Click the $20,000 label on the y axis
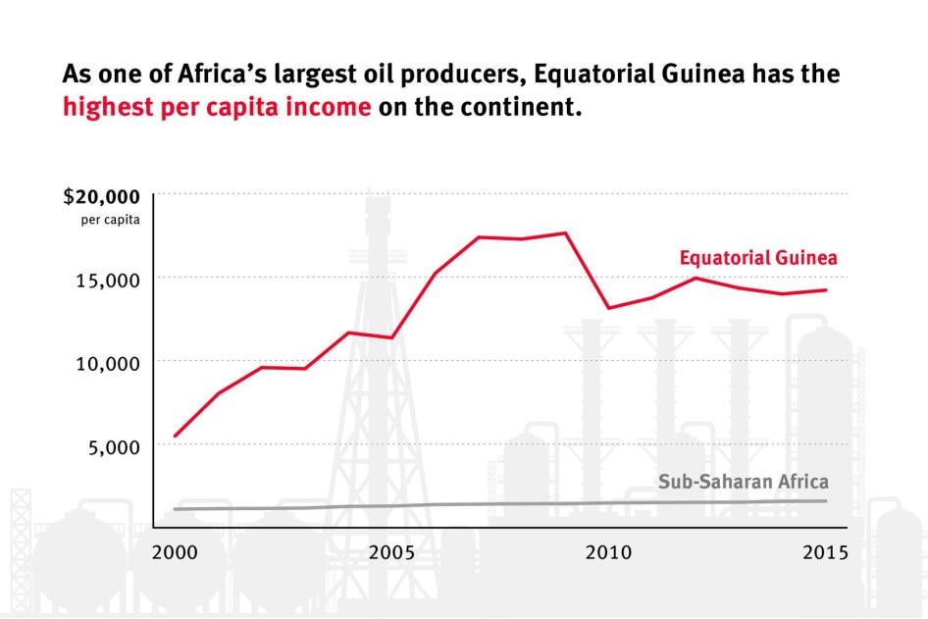click(x=102, y=196)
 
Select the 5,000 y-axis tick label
click(x=113, y=446)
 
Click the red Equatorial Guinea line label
click(x=758, y=258)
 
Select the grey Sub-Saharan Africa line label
click(x=743, y=482)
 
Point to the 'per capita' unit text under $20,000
click(x=111, y=219)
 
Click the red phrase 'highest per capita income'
click(x=217, y=107)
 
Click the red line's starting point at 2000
click(x=175, y=436)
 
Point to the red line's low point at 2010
click(x=609, y=308)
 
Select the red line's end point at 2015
click(x=826, y=289)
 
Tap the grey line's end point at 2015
click(x=826, y=501)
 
